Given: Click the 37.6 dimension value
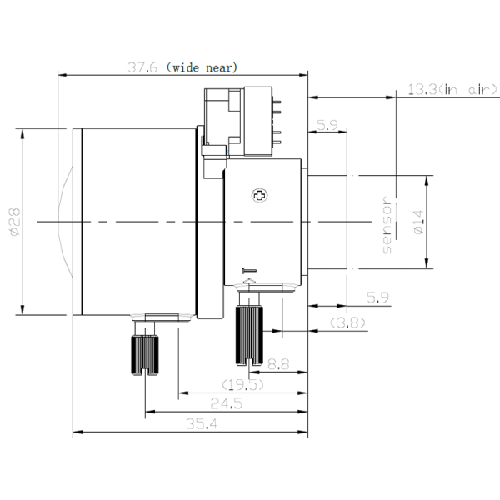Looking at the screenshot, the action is (x=142, y=67).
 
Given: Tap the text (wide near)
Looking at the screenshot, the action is (x=202, y=67).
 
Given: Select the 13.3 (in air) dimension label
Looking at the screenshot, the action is (x=452, y=90).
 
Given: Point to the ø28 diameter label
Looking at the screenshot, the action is (x=14, y=222).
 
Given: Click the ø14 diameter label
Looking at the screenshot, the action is (x=418, y=222).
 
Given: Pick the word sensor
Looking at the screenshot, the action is (x=387, y=225).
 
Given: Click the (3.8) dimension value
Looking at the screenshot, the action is (x=347, y=322).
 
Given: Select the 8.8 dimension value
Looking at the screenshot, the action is (x=278, y=364).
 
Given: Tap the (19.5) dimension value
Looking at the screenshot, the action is (x=243, y=384).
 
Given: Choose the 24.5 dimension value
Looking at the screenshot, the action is (x=227, y=403).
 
